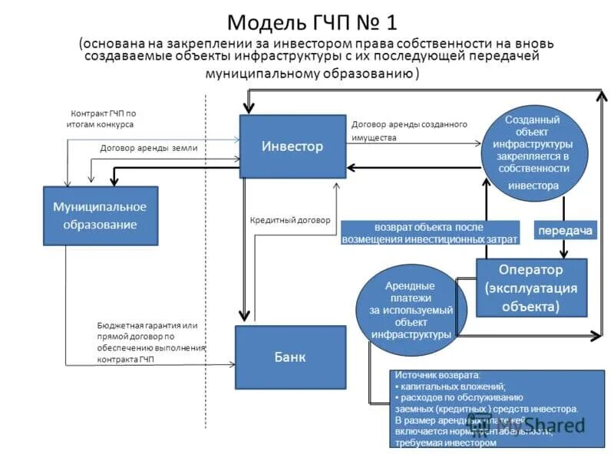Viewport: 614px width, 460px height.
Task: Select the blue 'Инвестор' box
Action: (292, 146)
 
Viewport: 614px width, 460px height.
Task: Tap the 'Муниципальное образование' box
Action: (101, 215)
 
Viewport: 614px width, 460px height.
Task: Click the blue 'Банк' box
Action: (290, 357)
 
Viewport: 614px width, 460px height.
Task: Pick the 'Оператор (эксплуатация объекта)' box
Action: (532, 287)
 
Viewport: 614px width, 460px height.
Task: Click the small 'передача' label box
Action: (565, 231)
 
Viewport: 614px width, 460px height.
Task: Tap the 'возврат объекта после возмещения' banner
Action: (430, 233)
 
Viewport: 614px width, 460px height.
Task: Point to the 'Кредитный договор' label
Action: (290, 220)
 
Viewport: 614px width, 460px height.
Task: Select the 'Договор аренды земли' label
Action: (148, 148)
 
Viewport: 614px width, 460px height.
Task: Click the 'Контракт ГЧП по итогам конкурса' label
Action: (103, 118)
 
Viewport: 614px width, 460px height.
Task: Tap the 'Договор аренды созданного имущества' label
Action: (408, 130)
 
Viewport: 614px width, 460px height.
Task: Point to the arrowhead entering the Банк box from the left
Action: (231, 365)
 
